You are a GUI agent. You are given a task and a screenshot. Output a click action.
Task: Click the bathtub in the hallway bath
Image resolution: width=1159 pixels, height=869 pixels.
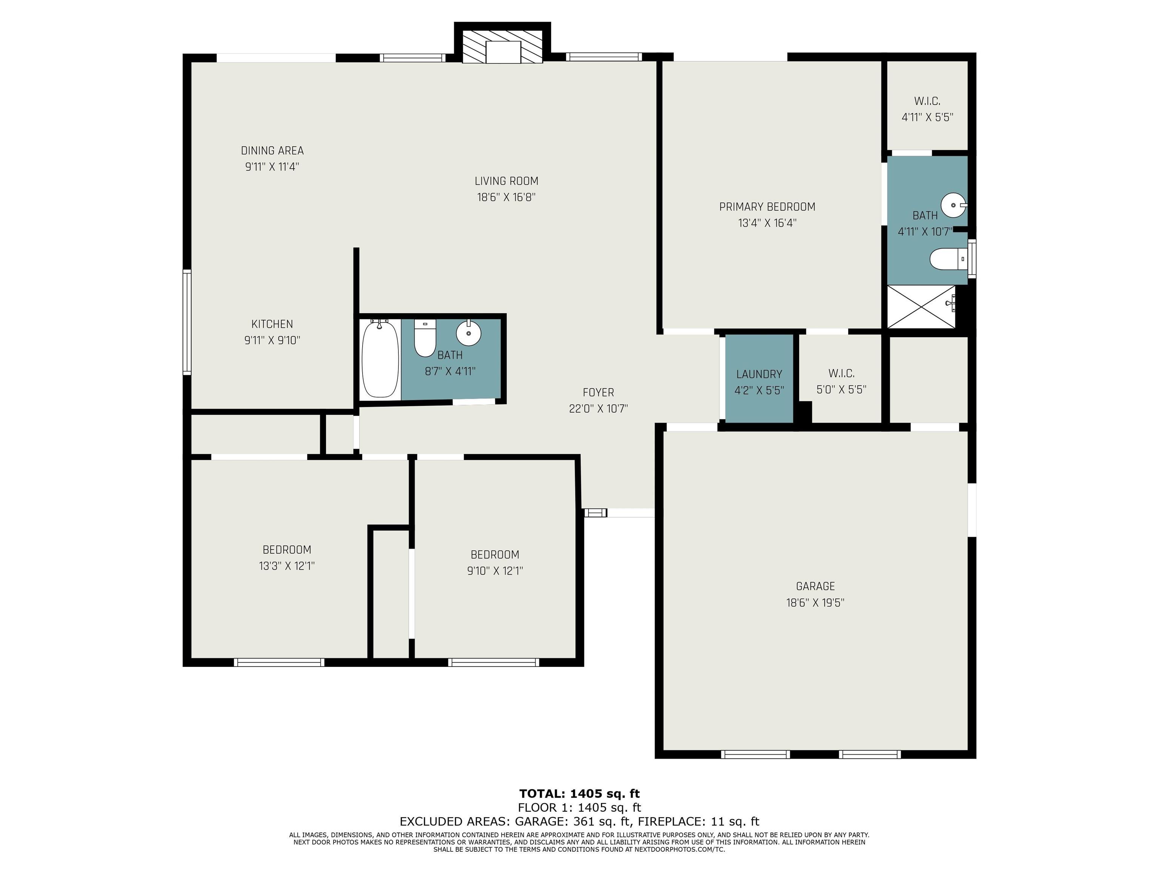coord(380,359)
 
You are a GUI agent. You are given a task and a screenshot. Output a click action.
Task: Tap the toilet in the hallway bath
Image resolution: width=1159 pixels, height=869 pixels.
coord(425,338)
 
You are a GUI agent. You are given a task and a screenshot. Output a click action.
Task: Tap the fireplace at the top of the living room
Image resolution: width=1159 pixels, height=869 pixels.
coord(502,46)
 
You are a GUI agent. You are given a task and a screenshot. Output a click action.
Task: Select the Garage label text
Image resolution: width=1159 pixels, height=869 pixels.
coord(815,586)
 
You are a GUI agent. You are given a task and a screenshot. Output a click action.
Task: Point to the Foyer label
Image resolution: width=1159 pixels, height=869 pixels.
coord(598,392)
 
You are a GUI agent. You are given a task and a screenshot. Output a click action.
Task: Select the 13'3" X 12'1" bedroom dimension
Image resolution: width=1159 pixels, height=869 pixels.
coord(287,566)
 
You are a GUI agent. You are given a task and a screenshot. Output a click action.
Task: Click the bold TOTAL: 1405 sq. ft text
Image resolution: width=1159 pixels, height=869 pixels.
coord(579,794)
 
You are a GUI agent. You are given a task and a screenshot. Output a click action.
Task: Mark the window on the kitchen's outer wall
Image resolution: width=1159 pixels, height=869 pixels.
coord(187,322)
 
